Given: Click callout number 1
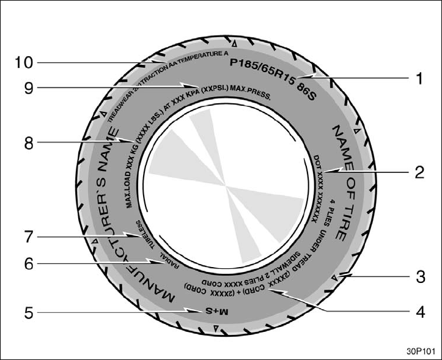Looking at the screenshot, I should (419, 79).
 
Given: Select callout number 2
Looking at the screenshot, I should (419, 172).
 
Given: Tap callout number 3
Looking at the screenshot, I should (419, 276).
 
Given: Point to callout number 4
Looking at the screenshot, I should (419, 311).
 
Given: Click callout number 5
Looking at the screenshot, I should (28, 313).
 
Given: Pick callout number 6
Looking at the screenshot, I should (28, 264).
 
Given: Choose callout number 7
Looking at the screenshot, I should (28, 235).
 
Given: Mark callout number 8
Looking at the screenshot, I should (28, 144).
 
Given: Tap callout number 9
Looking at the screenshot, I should (28, 87).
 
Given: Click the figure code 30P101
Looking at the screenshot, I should (417, 351).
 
